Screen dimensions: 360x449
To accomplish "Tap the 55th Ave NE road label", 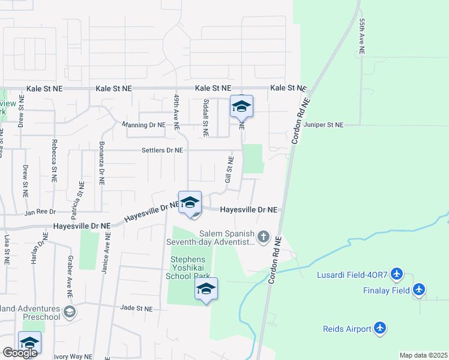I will pyautogui.click(x=362, y=37).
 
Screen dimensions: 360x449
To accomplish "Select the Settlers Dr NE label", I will pyautogui.click(x=162, y=150).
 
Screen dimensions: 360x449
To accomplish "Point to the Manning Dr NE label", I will pyautogui.click(x=143, y=125).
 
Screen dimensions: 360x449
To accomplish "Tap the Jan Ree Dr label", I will pyautogui.click(x=40, y=212).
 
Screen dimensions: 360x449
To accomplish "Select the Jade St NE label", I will pyautogui.click(x=136, y=308).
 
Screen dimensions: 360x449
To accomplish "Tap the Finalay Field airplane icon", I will pyautogui.click(x=419, y=290).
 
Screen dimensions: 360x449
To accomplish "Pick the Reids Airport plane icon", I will pyautogui.click(x=379, y=328).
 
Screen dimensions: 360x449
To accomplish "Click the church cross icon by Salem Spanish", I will pyautogui.click(x=263, y=237).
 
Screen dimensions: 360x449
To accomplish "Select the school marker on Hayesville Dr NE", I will pyautogui.click(x=190, y=203).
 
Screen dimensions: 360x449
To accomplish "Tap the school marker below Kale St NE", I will pyautogui.click(x=241, y=107).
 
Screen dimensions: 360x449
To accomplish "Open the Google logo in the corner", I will pyautogui.click(x=19, y=353).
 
